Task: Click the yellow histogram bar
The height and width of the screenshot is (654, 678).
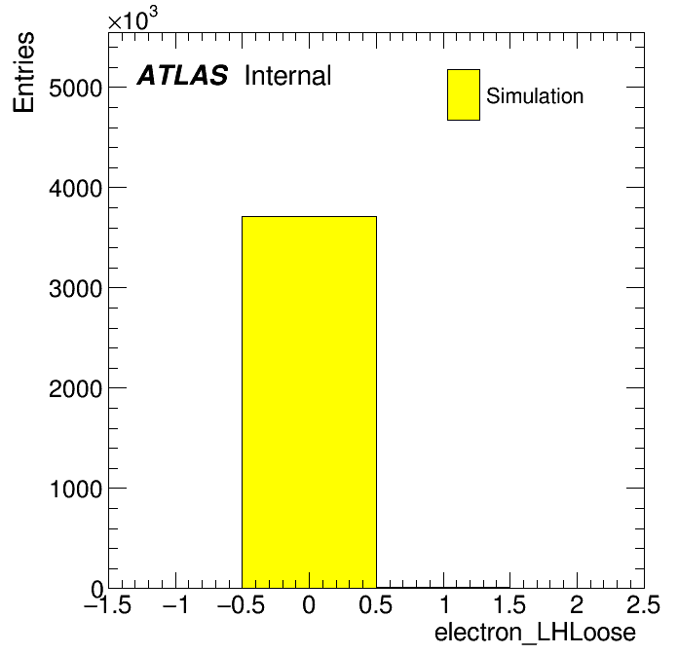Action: point(309,402)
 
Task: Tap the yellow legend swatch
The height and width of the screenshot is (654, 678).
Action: point(464,94)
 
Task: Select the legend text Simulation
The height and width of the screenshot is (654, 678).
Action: point(535,96)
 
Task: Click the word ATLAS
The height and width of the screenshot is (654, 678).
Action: point(182,75)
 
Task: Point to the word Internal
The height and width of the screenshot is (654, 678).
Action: point(288,76)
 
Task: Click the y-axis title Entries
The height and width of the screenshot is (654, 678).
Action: point(23,72)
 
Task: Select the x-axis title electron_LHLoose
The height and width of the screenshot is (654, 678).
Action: point(535,633)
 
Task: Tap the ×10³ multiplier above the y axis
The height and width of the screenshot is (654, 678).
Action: point(132,18)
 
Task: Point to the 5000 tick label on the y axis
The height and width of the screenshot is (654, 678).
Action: point(75,89)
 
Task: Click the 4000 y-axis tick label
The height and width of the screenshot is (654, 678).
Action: point(75,189)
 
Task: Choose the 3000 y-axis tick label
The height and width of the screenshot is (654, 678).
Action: point(75,289)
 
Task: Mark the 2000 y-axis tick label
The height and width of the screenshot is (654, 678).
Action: point(75,389)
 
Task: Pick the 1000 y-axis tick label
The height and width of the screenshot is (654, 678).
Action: point(76,490)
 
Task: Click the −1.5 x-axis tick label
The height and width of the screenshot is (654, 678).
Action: point(108,604)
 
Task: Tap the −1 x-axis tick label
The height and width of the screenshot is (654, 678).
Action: point(175,604)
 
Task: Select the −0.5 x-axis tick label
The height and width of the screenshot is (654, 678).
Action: point(242,604)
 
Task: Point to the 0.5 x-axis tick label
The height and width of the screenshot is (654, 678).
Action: point(375,604)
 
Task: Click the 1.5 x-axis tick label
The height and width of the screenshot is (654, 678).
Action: point(509,604)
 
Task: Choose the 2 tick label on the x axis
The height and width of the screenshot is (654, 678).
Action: point(577,604)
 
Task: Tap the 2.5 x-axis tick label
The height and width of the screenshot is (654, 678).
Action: point(643,604)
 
